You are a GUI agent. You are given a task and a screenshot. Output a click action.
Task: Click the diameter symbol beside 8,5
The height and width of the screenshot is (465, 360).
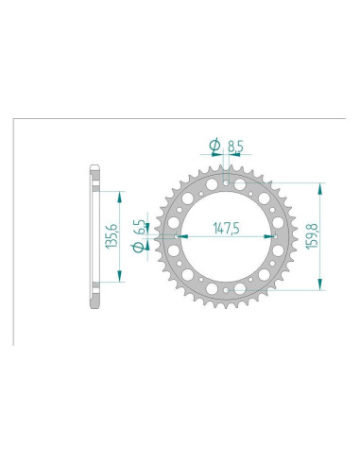(214, 146)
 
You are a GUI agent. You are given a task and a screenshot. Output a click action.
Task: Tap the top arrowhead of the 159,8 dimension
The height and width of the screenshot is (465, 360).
(323, 186)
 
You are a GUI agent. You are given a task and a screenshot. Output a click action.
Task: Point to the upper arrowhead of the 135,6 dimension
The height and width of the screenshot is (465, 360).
(119, 197)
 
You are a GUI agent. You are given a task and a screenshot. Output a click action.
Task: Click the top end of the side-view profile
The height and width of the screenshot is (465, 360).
(94, 170)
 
